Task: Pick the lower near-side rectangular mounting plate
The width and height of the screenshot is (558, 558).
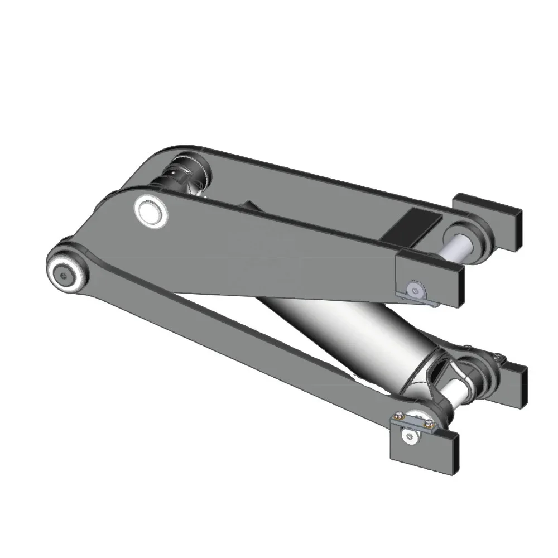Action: (x=424, y=450)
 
